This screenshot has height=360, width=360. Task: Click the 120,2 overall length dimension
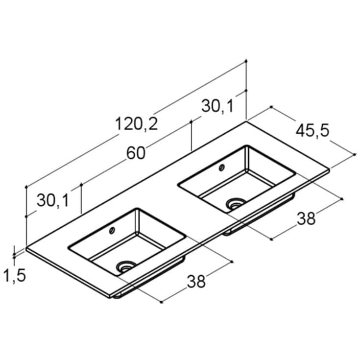click(136, 124)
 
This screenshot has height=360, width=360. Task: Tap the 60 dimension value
click(136, 153)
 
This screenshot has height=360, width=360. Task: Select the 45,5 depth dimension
click(312, 131)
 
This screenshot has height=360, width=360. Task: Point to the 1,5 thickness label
click(15, 276)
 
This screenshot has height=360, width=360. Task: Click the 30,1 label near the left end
click(53, 200)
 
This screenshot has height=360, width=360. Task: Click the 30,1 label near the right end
click(217, 106)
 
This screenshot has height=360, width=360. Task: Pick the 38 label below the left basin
click(196, 282)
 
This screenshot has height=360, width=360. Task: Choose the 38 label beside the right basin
click(306, 218)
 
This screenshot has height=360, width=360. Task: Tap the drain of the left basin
click(126, 267)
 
